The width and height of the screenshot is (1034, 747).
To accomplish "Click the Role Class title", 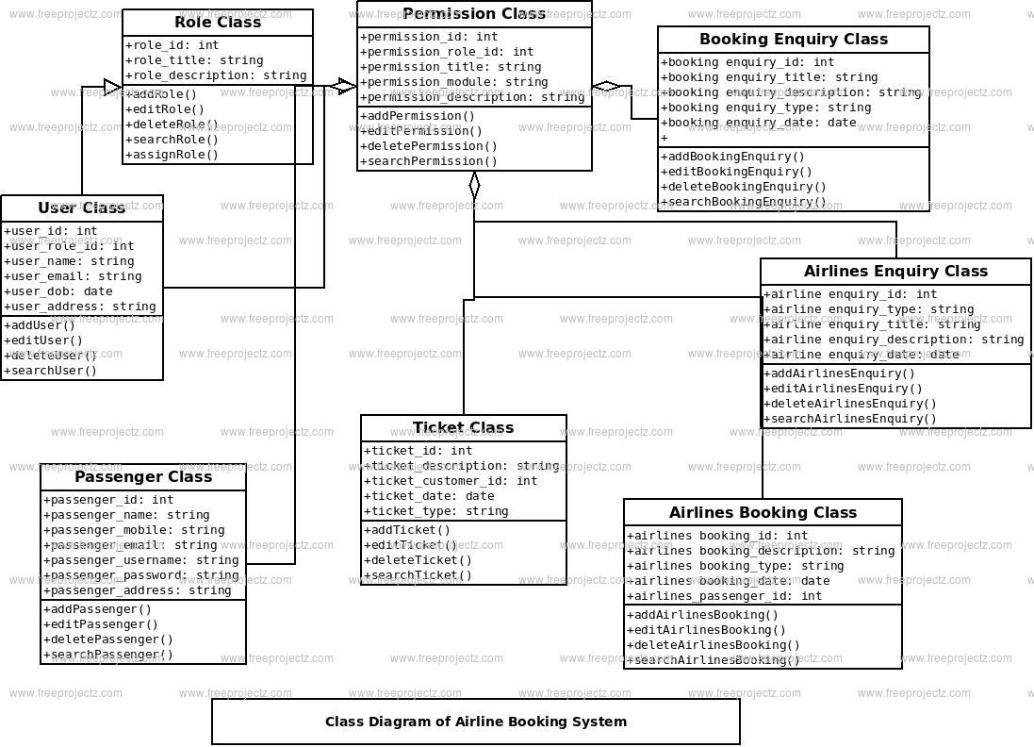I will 218,23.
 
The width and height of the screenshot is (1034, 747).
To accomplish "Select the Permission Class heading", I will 474,13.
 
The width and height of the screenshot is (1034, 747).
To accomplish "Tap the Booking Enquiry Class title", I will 793,40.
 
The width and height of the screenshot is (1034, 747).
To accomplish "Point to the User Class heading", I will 82,208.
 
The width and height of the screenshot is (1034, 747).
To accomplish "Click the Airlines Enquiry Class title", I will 895,272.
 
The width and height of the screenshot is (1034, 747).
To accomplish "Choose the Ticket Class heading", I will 463,428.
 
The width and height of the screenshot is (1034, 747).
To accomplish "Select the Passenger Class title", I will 143,477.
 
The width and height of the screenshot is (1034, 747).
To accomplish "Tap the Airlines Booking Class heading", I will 763,513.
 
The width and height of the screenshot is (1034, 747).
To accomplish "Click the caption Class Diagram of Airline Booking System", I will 475,722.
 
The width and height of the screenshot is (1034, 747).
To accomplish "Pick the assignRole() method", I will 172,155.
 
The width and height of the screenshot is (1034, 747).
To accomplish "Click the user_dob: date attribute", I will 58,291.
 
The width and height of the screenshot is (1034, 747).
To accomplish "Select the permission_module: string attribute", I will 453,82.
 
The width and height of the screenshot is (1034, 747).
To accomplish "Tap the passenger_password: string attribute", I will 141,575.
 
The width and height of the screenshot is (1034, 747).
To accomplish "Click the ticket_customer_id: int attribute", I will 451,481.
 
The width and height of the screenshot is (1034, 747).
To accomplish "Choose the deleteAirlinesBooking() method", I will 713,645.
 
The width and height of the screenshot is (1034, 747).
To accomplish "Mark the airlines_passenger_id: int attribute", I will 724,596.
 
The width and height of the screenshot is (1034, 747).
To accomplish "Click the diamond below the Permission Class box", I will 474,185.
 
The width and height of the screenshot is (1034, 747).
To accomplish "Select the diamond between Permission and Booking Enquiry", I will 606,87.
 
